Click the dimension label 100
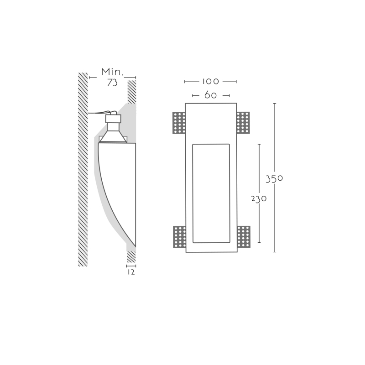pos(210,82)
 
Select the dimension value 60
pos(210,95)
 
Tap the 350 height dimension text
pos(274,179)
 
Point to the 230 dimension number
pos(259,199)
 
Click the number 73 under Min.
pos(112,83)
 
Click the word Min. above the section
pos(112,72)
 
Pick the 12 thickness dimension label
pos(131,272)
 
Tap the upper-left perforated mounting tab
pos(179,123)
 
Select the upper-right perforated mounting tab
pos(243,123)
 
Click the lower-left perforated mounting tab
pos(179,237)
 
